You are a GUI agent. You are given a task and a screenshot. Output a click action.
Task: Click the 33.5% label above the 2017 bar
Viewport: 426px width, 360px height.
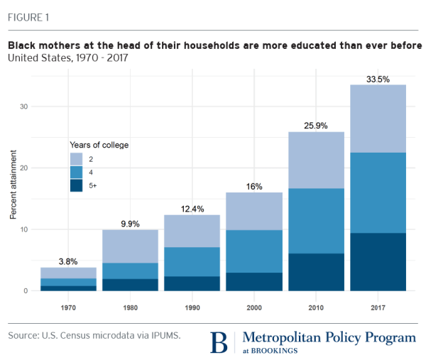(x=379, y=79)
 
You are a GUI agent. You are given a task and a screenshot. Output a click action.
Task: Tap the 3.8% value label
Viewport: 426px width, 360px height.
(x=67, y=261)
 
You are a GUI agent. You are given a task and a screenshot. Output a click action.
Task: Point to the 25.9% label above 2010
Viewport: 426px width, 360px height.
(x=317, y=126)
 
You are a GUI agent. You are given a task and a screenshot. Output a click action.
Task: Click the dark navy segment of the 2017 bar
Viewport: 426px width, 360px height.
(x=379, y=261)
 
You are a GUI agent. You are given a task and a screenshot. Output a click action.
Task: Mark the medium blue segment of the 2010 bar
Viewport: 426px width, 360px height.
(x=317, y=220)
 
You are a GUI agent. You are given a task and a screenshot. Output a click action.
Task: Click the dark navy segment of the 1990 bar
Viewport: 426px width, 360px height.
(x=192, y=283)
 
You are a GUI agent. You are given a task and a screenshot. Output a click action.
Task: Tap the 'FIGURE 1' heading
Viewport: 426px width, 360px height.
(x=30, y=17)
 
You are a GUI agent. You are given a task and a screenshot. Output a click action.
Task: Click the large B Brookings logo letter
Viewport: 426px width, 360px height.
(x=221, y=342)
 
